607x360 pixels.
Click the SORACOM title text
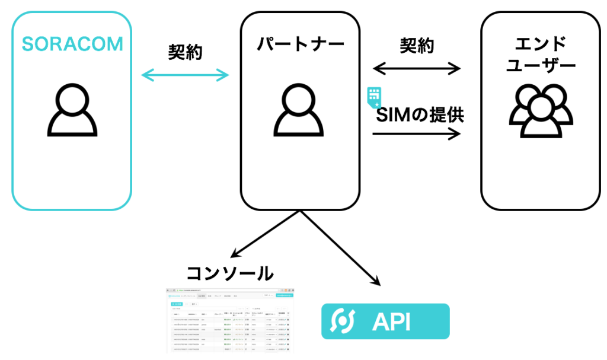(x=72, y=44)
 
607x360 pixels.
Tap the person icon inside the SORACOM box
(x=72, y=110)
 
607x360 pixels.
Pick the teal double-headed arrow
(x=185, y=75)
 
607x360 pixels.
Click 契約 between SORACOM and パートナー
(x=185, y=52)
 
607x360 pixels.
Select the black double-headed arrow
(x=417, y=68)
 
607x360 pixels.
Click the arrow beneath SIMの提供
(x=417, y=134)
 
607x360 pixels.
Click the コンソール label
(x=230, y=273)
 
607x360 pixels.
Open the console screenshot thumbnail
(x=230, y=320)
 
